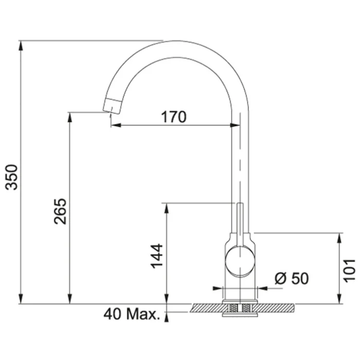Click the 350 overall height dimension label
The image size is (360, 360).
tap(11, 177)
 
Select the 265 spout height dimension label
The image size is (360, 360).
tap(60, 211)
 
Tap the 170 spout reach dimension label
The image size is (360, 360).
tap(174, 117)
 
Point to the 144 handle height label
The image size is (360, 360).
tap(156, 256)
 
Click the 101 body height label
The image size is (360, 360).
tap(349, 271)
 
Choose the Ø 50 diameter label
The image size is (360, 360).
tap(292, 279)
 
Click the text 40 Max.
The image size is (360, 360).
tap(132, 314)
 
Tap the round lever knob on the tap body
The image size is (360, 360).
tap(240, 261)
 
